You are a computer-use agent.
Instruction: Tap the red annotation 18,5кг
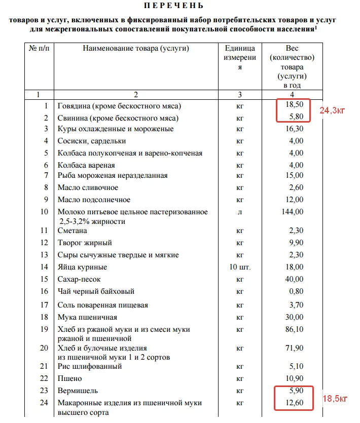click(x=335, y=399)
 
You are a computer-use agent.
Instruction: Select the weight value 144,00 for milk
click(x=292, y=212)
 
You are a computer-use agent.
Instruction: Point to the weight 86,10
click(x=294, y=329)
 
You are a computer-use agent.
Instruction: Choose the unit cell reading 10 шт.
click(x=240, y=267)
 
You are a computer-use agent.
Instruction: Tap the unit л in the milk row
click(x=240, y=212)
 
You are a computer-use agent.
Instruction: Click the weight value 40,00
click(x=294, y=279)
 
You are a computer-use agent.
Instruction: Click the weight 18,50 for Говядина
click(x=294, y=106)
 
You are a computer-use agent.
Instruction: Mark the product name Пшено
click(x=69, y=378)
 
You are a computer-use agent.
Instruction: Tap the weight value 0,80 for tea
click(x=295, y=291)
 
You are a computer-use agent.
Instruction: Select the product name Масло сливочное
click(x=88, y=187)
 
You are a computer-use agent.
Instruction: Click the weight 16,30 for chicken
click(x=294, y=129)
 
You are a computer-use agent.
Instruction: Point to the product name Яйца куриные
click(x=82, y=267)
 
